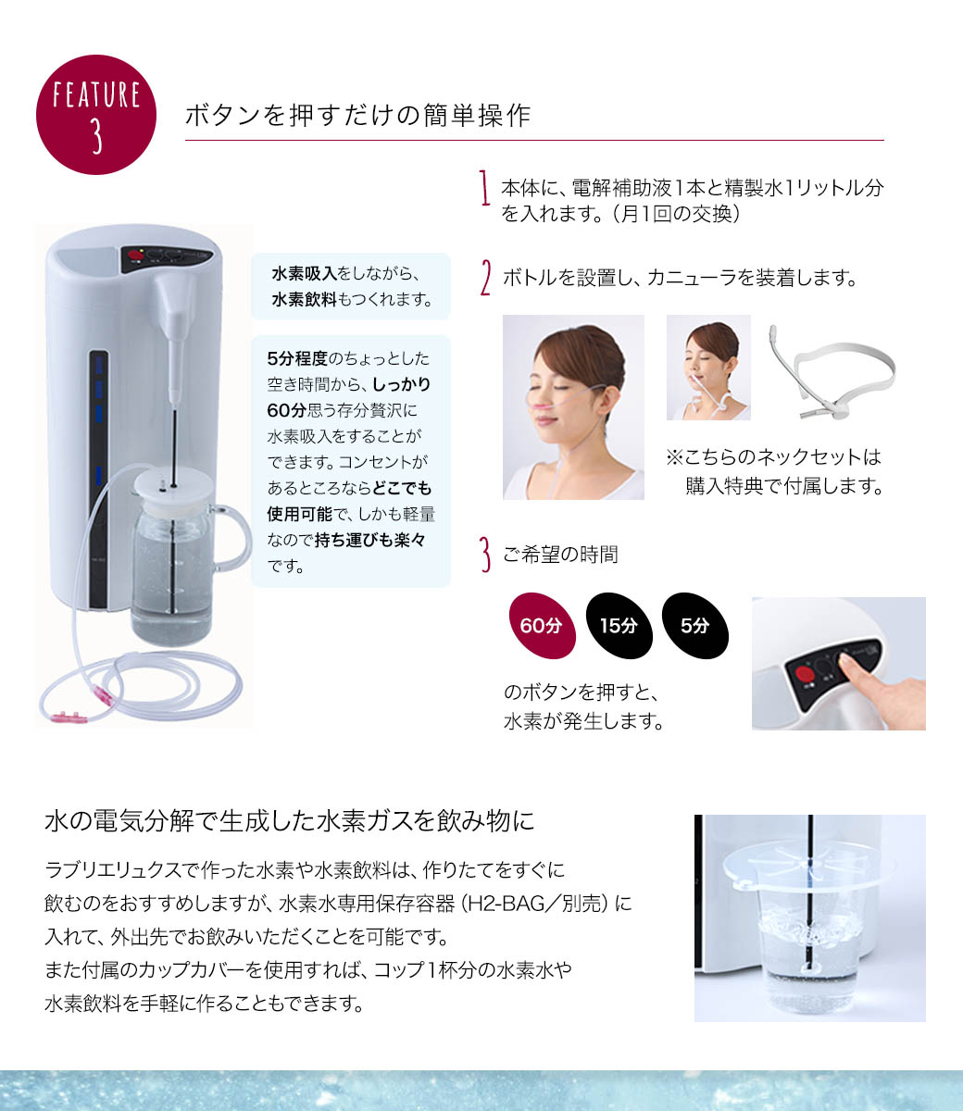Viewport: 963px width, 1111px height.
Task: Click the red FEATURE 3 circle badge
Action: (x=95, y=115)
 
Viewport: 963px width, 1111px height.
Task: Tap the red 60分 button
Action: (x=541, y=625)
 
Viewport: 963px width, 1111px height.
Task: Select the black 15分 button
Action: (x=619, y=625)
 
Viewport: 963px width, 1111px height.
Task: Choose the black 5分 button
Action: (x=694, y=625)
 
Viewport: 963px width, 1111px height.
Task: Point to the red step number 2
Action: (x=485, y=278)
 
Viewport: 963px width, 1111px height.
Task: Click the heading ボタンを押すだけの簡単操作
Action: (x=357, y=116)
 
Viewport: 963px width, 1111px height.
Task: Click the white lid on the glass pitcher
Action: (x=173, y=487)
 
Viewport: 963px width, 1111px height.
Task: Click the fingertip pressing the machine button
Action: (x=849, y=664)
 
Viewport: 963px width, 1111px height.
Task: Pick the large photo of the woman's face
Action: (x=573, y=407)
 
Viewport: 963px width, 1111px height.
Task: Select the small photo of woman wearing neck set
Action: (x=708, y=368)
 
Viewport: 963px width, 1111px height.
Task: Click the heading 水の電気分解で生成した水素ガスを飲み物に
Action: (x=290, y=821)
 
